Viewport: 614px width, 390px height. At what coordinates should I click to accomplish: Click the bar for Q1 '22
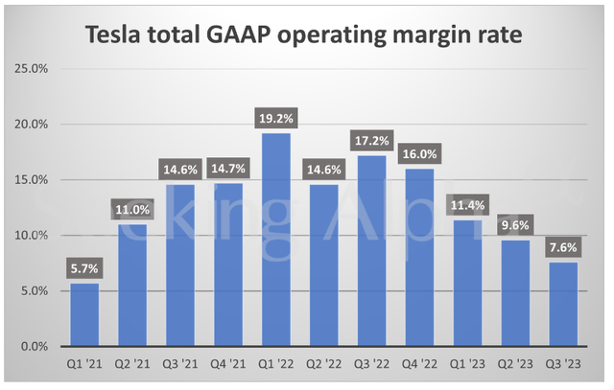click(x=277, y=240)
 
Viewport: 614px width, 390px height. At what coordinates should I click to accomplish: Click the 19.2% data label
click(x=277, y=116)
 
